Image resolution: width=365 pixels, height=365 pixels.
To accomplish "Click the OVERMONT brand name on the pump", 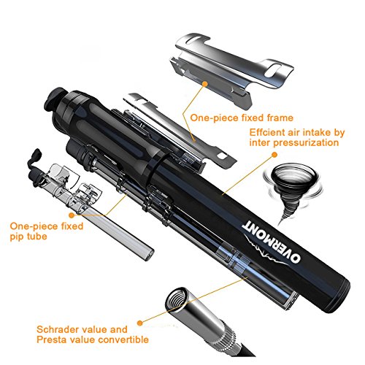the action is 272,242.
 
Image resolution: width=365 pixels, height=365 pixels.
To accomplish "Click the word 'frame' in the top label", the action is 280,118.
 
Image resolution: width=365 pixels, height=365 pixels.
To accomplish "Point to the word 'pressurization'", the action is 306,142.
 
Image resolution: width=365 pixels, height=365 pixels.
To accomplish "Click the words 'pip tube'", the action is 28,237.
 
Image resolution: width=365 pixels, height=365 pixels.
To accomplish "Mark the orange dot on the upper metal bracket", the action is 205,84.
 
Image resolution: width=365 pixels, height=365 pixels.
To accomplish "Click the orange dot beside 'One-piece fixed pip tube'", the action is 72,215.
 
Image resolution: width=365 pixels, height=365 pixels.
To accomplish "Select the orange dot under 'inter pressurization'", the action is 274,154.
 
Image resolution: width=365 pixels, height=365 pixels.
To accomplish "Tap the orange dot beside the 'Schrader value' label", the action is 139,323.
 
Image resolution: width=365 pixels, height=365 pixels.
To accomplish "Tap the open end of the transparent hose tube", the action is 148,255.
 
